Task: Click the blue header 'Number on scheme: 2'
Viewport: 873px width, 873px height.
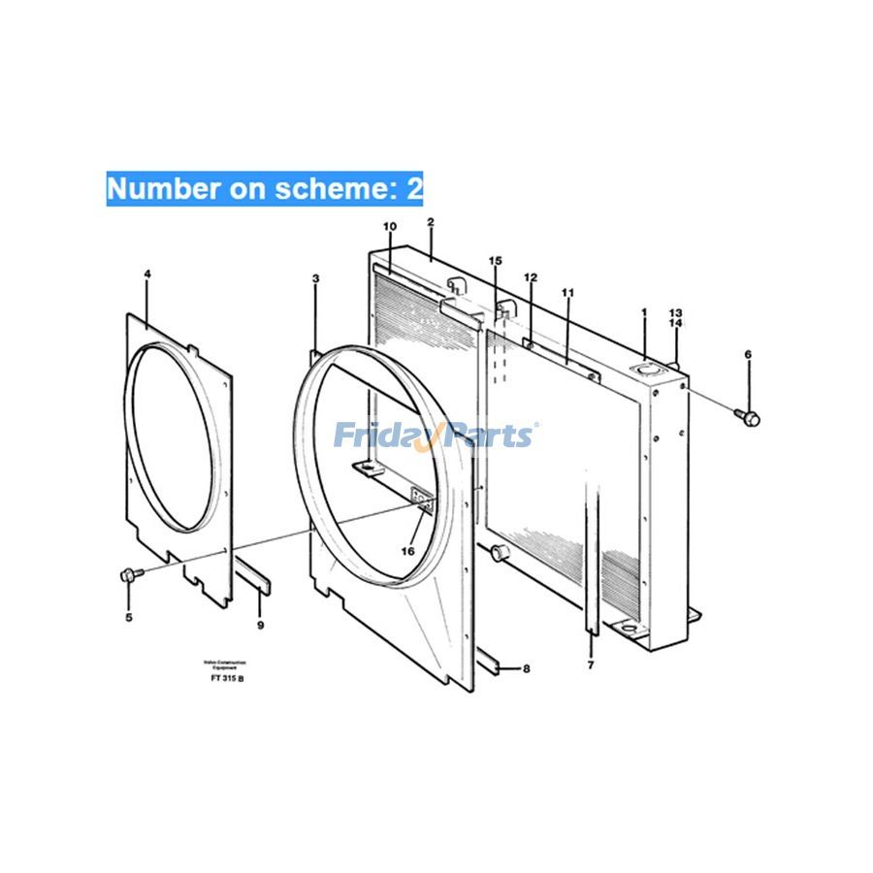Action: pyautogui.click(x=264, y=188)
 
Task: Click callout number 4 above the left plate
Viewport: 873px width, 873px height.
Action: pyautogui.click(x=147, y=275)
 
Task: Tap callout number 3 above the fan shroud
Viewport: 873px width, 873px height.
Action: pyautogui.click(x=315, y=279)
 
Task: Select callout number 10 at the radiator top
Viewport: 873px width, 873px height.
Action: pyautogui.click(x=390, y=227)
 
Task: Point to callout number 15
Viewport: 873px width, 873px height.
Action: pyautogui.click(x=496, y=261)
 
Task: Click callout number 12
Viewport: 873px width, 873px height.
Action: pyautogui.click(x=531, y=277)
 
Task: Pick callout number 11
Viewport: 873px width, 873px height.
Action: pyautogui.click(x=567, y=292)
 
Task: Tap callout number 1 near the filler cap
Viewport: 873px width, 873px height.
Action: pyautogui.click(x=643, y=312)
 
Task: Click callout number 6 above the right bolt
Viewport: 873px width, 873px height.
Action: pyautogui.click(x=748, y=355)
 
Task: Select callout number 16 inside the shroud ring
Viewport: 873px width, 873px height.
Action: pyautogui.click(x=407, y=551)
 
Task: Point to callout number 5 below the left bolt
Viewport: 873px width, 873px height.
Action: pyautogui.click(x=128, y=617)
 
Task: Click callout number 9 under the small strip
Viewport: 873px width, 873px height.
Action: pyautogui.click(x=260, y=626)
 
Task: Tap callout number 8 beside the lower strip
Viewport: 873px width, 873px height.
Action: pyautogui.click(x=527, y=668)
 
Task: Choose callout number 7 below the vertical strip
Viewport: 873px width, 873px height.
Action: pyautogui.click(x=589, y=665)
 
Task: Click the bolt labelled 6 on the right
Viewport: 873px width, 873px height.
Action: pyautogui.click(x=750, y=418)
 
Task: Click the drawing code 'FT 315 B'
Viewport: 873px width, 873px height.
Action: pyautogui.click(x=227, y=677)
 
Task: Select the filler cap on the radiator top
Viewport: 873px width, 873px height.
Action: pyautogui.click(x=645, y=369)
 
